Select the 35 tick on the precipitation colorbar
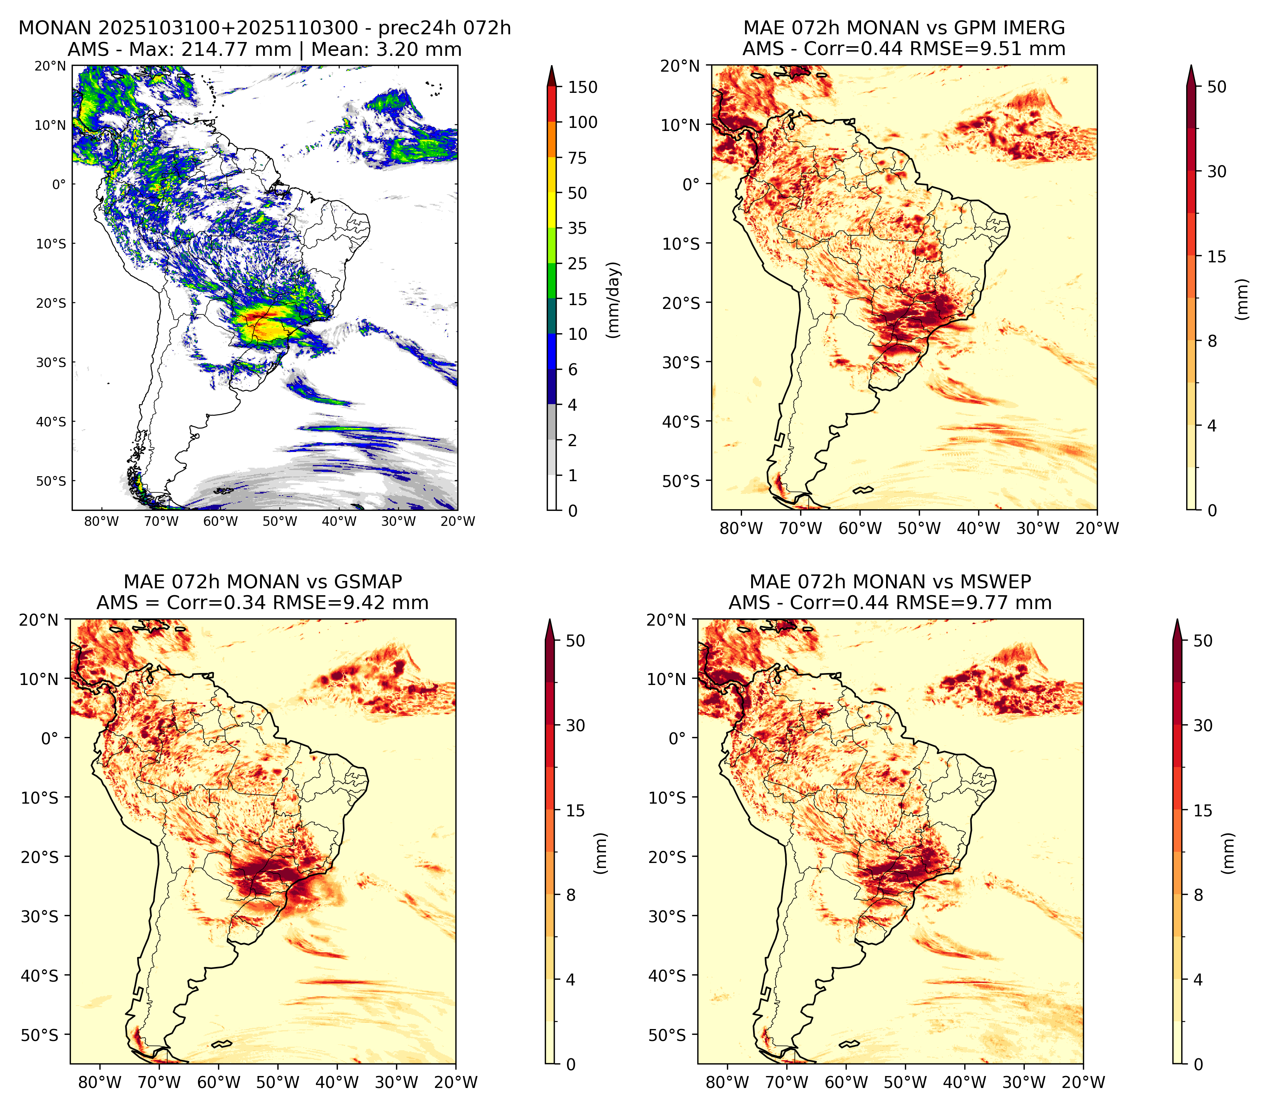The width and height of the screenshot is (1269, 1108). coord(577,228)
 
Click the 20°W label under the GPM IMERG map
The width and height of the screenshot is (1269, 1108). coord(1098,528)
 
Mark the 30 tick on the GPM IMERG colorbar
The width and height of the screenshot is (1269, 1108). coord(1217,171)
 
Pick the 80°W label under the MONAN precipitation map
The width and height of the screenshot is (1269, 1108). coord(101,521)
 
